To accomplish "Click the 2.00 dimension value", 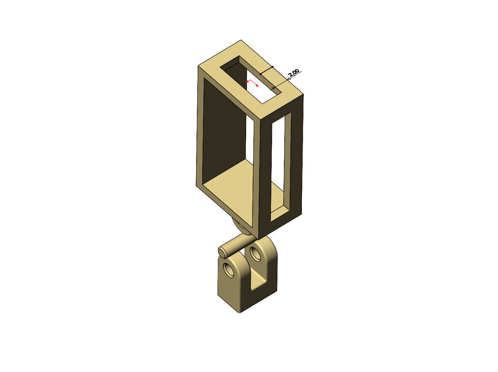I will [294, 73].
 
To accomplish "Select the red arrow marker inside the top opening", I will [252, 83].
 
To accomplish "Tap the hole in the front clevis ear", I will [230, 270].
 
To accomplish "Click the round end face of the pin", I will [222, 251].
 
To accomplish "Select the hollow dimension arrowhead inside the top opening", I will [273, 88].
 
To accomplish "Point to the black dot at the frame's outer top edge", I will [272, 67].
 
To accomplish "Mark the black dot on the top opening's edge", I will [260, 74].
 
